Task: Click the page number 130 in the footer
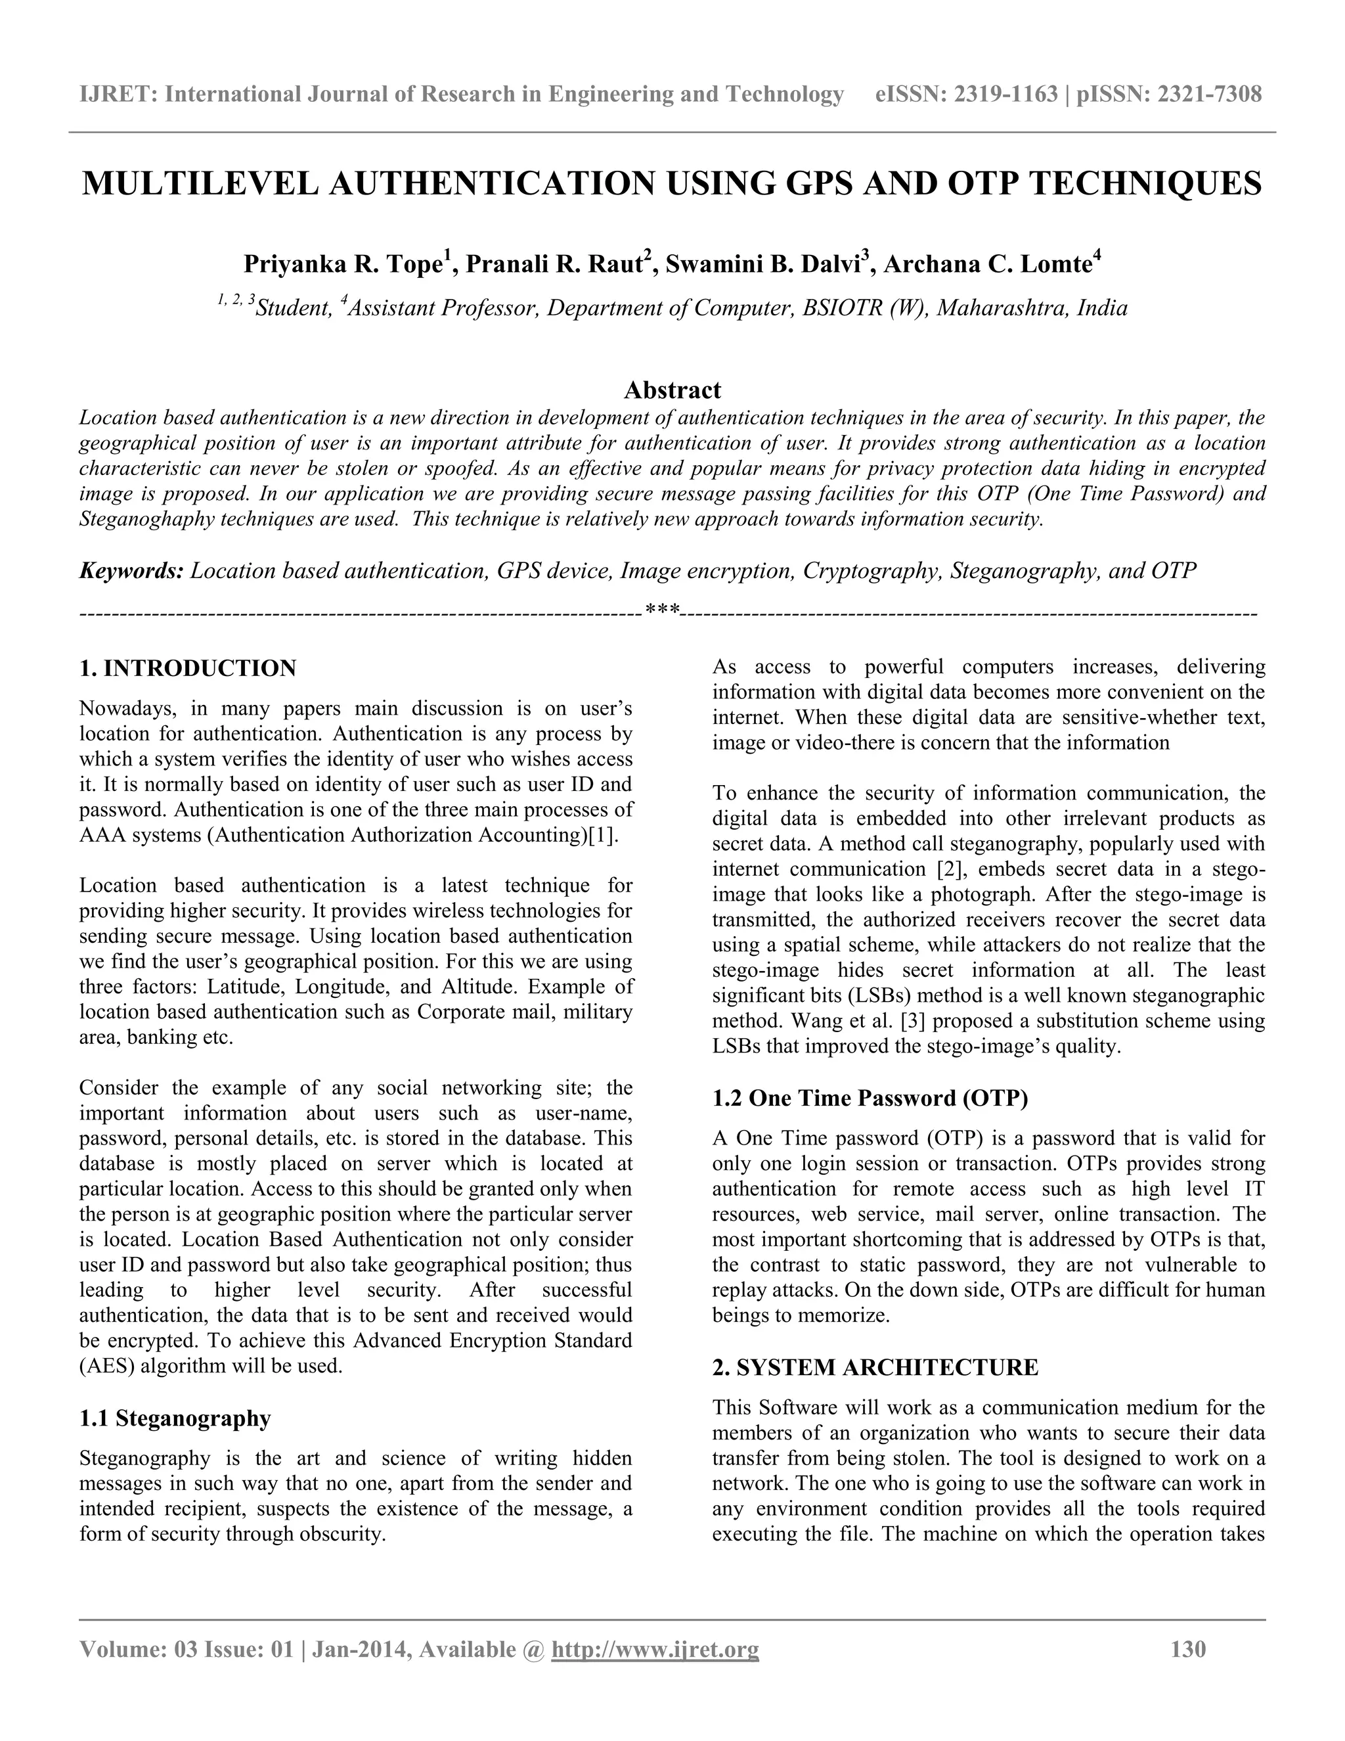tap(1188, 1648)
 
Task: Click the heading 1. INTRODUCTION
tap(188, 668)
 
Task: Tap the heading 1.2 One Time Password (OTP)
tap(870, 1098)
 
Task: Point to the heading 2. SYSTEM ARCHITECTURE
tap(875, 1367)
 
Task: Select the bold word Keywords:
tap(131, 571)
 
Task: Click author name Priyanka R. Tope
tap(343, 264)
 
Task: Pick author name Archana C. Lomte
tap(986, 264)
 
